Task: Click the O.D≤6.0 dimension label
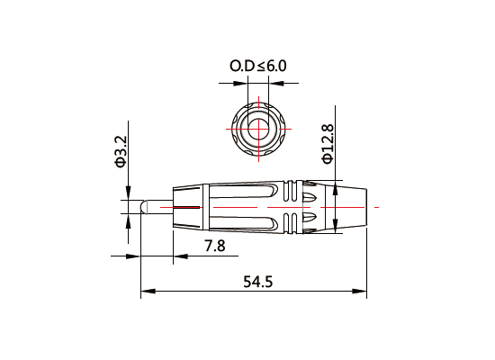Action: click(258, 67)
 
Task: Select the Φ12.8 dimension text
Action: click(328, 143)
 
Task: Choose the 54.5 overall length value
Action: click(257, 282)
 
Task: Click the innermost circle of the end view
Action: click(259, 125)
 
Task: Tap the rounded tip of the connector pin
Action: click(143, 208)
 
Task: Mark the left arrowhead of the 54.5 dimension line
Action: click(146, 292)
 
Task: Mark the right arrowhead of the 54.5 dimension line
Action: click(363, 292)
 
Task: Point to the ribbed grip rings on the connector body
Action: click(292, 208)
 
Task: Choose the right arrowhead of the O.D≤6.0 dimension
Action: click(275, 85)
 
